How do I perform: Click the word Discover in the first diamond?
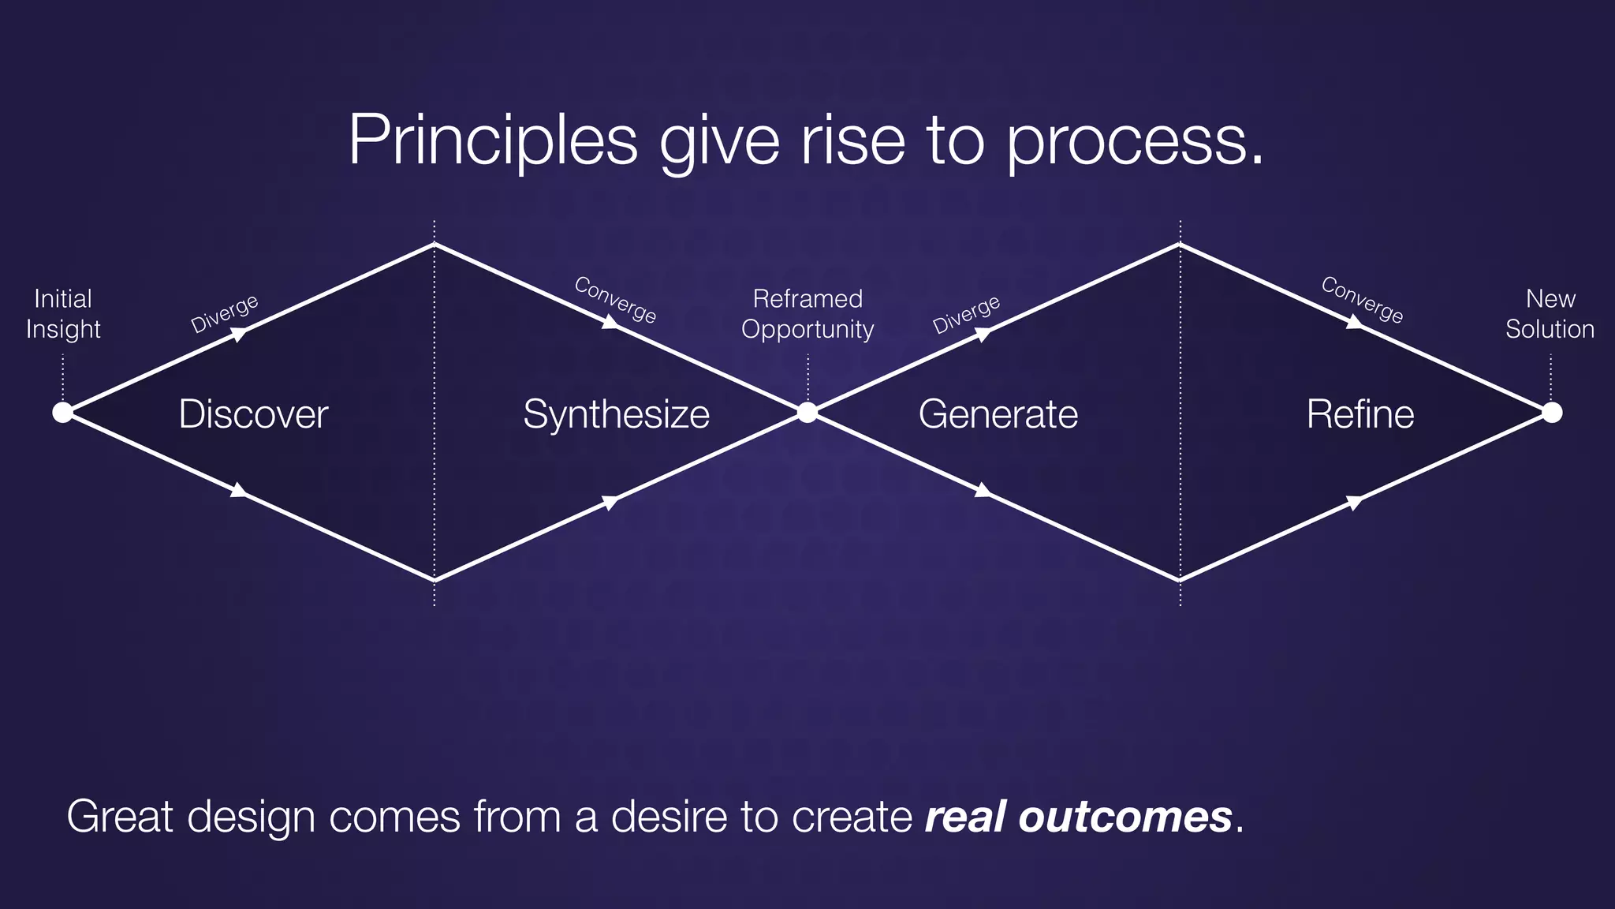coord(253,414)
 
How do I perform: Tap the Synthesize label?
coord(616,414)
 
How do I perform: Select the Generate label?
coord(998,414)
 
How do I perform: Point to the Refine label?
coord(1360,414)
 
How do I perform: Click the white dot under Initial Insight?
coord(62,412)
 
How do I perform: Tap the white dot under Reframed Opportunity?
coord(807,412)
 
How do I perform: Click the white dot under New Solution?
coord(1551,412)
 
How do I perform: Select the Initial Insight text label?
coord(63,313)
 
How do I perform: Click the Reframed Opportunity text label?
coord(807,313)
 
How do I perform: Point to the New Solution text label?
coord(1550,313)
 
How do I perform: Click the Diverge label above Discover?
coord(225,313)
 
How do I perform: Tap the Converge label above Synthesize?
coord(615,300)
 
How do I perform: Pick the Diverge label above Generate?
coord(966,314)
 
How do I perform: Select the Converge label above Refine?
coord(1362,300)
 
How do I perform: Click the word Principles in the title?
coord(492,140)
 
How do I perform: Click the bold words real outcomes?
coord(1078,817)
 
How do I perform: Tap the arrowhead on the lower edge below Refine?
coord(1354,502)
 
